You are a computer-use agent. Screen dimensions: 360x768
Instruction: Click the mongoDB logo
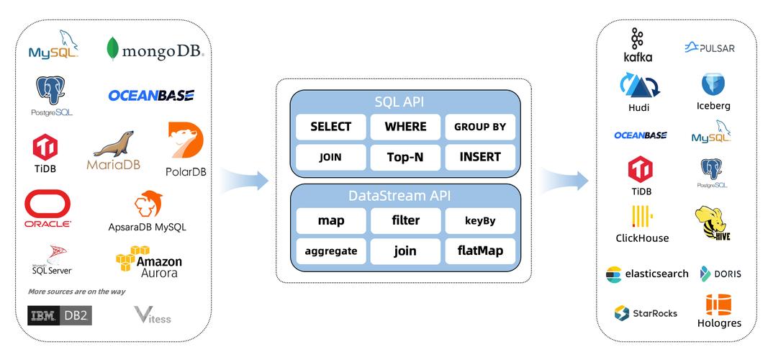155,50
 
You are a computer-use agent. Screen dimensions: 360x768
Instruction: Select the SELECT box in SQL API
331,127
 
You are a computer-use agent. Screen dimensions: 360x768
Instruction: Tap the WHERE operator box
405,127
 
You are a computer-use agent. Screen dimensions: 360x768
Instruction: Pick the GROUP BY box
480,127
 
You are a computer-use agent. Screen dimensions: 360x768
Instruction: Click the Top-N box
405,157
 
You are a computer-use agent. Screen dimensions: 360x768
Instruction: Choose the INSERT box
480,157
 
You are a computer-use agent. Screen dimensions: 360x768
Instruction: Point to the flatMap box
480,251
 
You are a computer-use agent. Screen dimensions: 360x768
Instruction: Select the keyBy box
480,221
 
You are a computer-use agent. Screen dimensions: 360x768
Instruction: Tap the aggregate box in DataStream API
331,251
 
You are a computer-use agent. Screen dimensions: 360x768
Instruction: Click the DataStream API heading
404,196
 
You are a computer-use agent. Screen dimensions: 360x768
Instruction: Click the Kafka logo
638,45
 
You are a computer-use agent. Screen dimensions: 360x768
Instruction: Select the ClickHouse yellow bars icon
642,217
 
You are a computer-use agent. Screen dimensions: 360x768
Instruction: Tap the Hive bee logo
713,224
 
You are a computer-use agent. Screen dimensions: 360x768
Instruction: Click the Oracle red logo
48,209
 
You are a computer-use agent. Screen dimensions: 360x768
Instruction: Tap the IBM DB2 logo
60,315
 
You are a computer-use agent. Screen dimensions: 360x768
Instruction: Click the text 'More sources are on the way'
76,292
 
